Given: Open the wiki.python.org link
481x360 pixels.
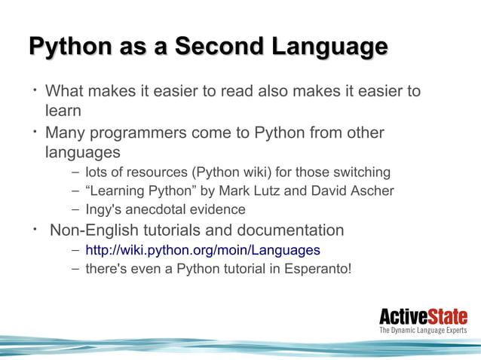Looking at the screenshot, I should [202, 250].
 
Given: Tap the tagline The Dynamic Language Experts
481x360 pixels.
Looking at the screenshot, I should [422, 330].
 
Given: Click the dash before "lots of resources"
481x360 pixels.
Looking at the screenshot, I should [75, 173].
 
